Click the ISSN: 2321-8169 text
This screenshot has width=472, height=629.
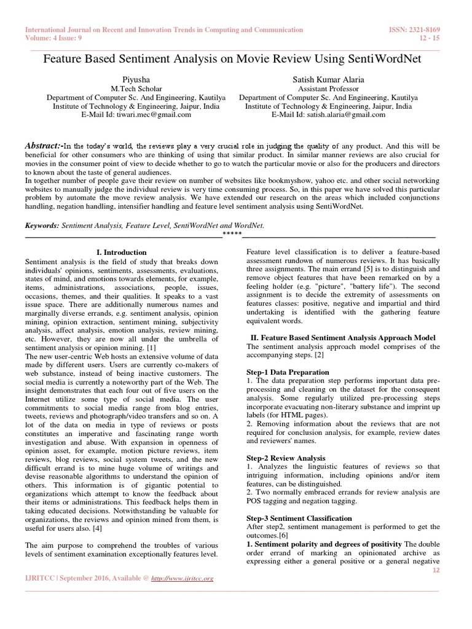(x=415, y=29)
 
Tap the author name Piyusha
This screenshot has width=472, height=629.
(x=136, y=80)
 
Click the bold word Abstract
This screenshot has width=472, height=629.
(x=44, y=146)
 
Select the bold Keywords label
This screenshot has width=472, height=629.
(x=42, y=225)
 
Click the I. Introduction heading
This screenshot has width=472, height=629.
(x=122, y=252)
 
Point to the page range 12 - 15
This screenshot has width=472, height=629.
(x=428, y=38)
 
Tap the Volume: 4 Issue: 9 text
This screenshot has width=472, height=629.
(x=54, y=38)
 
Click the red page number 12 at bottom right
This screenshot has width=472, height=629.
(x=437, y=570)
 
